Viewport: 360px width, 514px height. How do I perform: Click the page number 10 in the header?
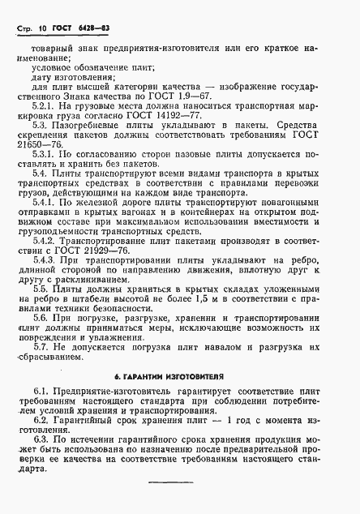point(45,30)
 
